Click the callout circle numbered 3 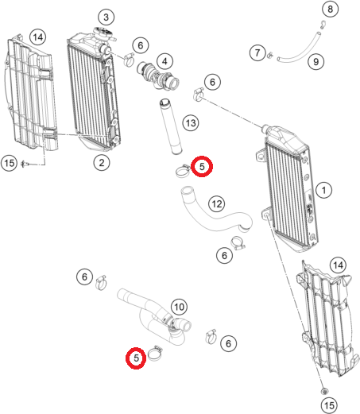pos(106,17)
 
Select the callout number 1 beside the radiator pos(323,190)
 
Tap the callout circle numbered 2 pos(102,163)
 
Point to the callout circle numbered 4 pos(165,62)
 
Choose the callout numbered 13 pos(191,123)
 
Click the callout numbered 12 pos(217,203)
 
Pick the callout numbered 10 pos(180,307)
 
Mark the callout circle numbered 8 pos(330,9)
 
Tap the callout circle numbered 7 pos(257,52)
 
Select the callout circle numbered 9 pos(316,62)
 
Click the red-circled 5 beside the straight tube pos(202,166)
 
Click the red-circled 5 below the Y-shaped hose pos(136,358)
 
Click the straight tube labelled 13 pos(170,126)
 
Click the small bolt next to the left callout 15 pos(25,164)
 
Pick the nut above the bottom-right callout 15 pos(324,391)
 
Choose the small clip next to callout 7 pos(269,55)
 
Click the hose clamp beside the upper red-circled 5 pos(183,171)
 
